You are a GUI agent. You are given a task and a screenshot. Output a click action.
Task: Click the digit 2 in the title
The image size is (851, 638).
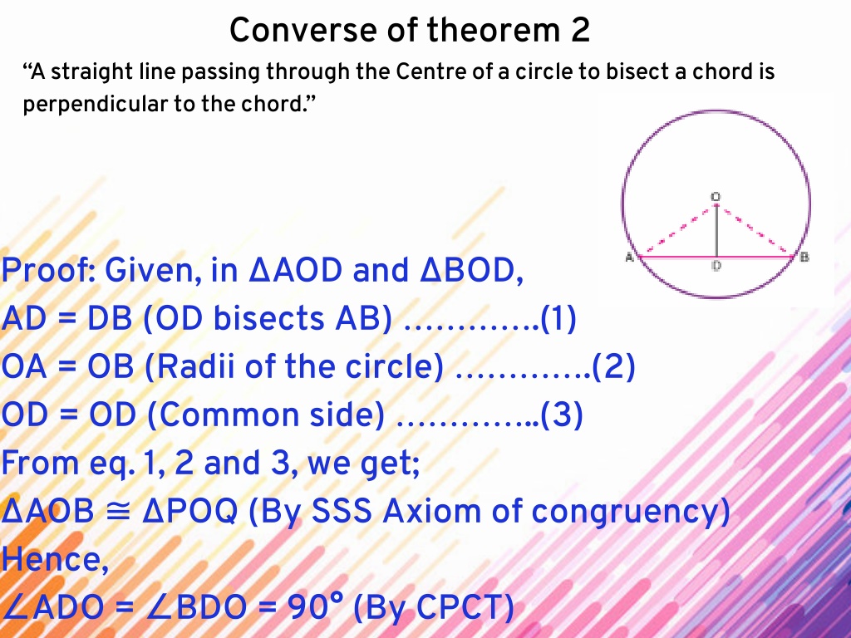coord(579,30)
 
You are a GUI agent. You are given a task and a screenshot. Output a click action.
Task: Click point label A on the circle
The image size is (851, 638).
coord(630,258)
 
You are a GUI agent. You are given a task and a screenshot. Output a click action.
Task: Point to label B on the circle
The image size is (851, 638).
coord(804,258)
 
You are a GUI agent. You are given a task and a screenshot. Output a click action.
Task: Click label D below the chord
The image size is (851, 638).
coord(716,266)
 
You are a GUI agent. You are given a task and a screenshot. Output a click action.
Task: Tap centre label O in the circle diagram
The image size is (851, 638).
coord(716,196)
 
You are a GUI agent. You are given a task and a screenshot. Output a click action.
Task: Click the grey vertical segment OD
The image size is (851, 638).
coord(716,231)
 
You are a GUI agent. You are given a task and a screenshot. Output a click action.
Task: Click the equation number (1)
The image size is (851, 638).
coord(558,318)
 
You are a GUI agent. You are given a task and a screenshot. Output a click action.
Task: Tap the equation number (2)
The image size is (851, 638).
coord(613,366)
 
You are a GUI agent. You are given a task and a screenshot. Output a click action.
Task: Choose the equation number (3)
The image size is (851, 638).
coord(562,415)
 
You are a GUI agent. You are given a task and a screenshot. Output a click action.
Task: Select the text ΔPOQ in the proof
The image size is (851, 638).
coord(190,512)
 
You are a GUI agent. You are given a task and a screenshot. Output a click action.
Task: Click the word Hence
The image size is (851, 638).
coord(55,559)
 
